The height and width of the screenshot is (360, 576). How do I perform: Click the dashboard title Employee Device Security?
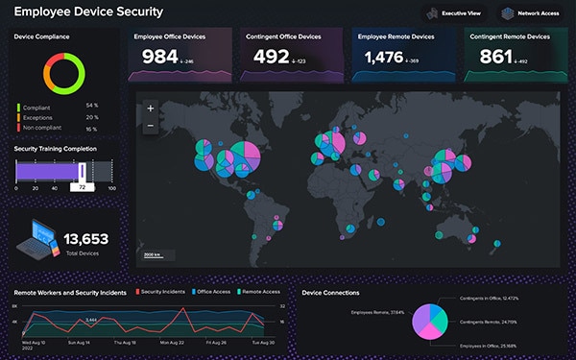click(x=88, y=12)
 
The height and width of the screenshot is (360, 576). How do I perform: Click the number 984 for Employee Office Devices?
click(x=161, y=58)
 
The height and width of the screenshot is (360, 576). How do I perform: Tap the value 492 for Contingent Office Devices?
click(x=273, y=58)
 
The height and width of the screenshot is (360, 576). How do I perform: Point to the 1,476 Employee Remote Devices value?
click(x=385, y=58)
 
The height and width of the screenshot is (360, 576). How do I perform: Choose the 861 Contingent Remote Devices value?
click(x=495, y=58)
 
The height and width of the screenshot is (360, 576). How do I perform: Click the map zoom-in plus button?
click(x=150, y=109)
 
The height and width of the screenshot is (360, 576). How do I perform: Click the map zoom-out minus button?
click(x=150, y=126)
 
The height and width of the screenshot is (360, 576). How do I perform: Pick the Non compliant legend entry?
click(x=46, y=127)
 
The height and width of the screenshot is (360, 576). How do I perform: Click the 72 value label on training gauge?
click(x=84, y=187)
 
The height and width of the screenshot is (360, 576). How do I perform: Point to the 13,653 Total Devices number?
click(x=86, y=239)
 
